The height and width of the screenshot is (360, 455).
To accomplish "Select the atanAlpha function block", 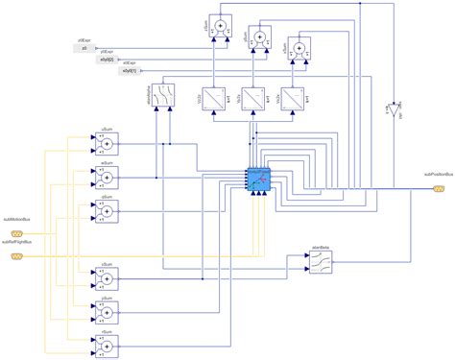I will tap(164, 100).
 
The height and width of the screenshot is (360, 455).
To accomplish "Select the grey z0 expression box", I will tap(84, 48).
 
